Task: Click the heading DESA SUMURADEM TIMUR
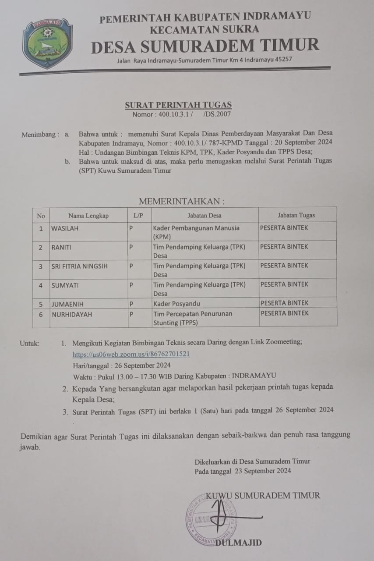[x=205, y=46]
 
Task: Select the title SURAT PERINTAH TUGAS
[x=178, y=105]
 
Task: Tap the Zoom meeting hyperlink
[x=131, y=354]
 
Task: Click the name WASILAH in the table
[x=65, y=228]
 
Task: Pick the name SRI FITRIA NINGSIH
[x=79, y=266]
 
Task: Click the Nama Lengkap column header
[x=88, y=215]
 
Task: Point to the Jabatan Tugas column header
[x=296, y=215]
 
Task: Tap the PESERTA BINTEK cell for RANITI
[x=284, y=247]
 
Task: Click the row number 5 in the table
[x=41, y=303]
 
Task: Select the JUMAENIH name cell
[x=67, y=303]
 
